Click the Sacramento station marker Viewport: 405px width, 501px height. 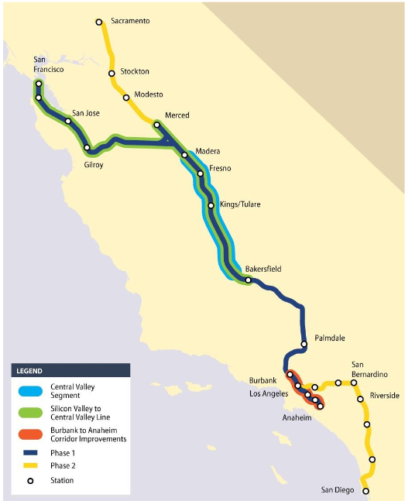click(x=99, y=22)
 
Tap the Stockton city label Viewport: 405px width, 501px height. click(x=136, y=71)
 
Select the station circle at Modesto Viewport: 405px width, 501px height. click(x=126, y=98)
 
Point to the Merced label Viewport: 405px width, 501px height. click(x=177, y=115)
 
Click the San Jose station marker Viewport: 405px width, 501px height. click(x=68, y=121)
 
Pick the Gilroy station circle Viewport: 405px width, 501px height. click(x=88, y=148)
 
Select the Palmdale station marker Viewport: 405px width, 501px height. click(x=304, y=344)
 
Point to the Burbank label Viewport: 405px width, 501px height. click(x=263, y=381)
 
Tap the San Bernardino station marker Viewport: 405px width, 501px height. click(x=354, y=383)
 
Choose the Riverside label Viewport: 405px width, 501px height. click(x=384, y=396)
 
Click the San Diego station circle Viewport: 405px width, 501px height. click(x=366, y=491)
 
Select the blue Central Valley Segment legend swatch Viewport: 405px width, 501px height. click(x=29, y=389)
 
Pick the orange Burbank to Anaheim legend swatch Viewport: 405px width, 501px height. click(x=29, y=434)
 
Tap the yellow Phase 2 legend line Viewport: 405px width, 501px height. click(x=29, y=466)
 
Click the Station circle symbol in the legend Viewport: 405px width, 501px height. click(x=29, y=481)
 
